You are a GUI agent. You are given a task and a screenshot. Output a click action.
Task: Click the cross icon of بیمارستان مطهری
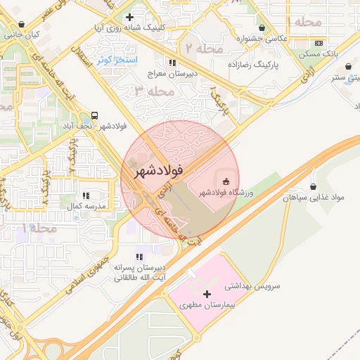click(x=206, y=294)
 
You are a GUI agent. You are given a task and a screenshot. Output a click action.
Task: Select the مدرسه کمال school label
click(x=86, y=207)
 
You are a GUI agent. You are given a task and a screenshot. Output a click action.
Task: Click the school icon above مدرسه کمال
click(x=86, y=195)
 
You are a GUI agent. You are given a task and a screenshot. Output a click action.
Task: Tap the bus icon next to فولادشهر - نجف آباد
click(x=95, y=115)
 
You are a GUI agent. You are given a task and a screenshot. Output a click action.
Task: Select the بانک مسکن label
click(x=321, y=53)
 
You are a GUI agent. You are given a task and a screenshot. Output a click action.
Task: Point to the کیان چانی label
click(x=22, y=33)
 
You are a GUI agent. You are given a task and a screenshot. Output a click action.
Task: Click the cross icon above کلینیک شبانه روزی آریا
click(x=129, y=17)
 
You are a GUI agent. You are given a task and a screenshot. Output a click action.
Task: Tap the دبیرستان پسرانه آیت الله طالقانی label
click(x=141, y=273)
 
